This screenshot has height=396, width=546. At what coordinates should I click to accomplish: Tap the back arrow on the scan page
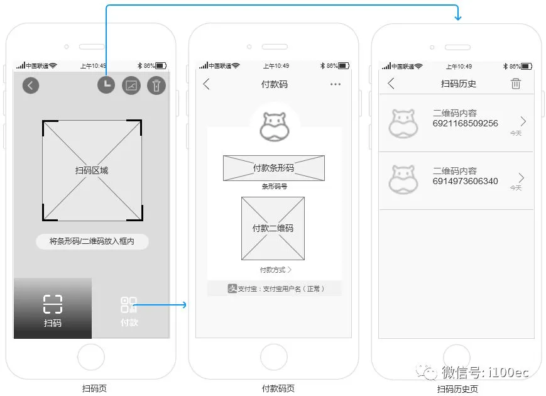pyautogui.click(x=31, y=85)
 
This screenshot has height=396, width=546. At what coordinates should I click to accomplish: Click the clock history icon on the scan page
pyautogui.click(x=106, y=85)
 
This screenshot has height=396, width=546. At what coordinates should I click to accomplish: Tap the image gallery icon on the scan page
pyautogui.click(x=131, y=85)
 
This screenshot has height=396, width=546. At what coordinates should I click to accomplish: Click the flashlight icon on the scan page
pyautogui.click(x=156, y=85)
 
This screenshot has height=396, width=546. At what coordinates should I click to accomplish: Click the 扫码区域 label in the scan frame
pyautogui.click(x=92, y=170)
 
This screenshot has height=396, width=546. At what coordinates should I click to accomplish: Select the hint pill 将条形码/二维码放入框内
pyautogui.click(x=92, y=241)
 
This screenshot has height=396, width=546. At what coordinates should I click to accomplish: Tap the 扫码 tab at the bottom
pyautogui.click(x=53, y=309)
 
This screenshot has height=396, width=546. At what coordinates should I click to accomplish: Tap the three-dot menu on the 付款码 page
pyautogui.click(x=336, y=84)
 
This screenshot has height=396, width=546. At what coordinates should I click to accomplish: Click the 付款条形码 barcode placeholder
pyautogui.click(x=273, y=168)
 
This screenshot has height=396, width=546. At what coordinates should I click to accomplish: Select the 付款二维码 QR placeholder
pyautogui.click(x=273, y=228)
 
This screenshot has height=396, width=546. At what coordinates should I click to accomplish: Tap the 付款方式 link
pyautogui.click(x=275, y=270)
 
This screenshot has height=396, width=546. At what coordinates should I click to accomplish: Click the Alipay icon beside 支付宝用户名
pyautogui.click(x=232, y=289)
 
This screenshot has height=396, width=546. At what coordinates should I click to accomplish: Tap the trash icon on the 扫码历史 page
pyautogui.click(x=516, y=84)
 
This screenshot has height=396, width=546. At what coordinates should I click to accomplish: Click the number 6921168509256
pyautogui.click(x=465, y=124)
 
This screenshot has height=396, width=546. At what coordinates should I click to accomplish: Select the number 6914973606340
pyautogui.click(x=465, y=181)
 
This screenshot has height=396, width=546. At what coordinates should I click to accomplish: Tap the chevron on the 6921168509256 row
pyautogui.click(x=523, y=121)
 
